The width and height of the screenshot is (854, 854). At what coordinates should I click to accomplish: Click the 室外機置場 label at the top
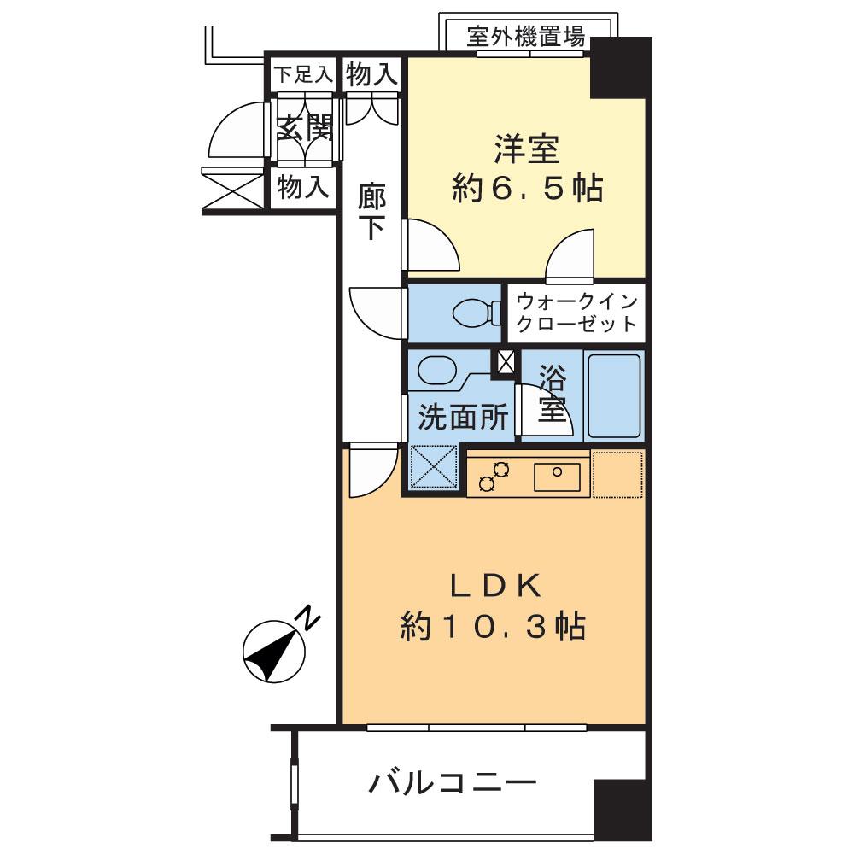[x=526, y=37]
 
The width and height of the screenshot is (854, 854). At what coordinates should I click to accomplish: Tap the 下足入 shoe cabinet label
[x=302, y=74]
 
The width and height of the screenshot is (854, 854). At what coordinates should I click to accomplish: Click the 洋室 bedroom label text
[x=526, y=149]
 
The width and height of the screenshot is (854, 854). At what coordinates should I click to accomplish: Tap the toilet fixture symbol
[x=475, y=313]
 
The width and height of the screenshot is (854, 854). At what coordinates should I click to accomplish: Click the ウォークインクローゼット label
[x=577, y=313]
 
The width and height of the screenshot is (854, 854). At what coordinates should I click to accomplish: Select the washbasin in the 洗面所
[x=437, y=371]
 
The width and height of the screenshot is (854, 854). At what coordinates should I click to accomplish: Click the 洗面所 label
[x=463, y=418]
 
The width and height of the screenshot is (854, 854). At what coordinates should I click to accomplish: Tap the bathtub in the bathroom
[x=613, y=395]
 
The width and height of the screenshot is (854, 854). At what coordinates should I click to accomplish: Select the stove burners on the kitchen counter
[x=494, y=475]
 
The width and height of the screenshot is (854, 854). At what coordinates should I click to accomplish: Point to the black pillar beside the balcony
[x=618, y=807]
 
